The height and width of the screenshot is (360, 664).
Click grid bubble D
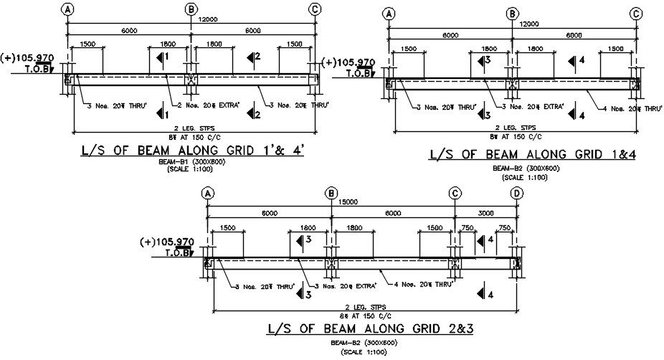point(517,193)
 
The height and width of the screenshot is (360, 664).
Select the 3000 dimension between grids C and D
point(485,214)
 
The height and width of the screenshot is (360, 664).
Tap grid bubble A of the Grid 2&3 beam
point(207,193)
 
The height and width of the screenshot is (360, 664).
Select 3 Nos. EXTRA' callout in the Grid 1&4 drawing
point(532,108)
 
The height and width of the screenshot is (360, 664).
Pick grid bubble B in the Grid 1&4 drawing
point(512,14)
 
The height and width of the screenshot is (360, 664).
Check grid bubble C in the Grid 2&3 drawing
point(455,193)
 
